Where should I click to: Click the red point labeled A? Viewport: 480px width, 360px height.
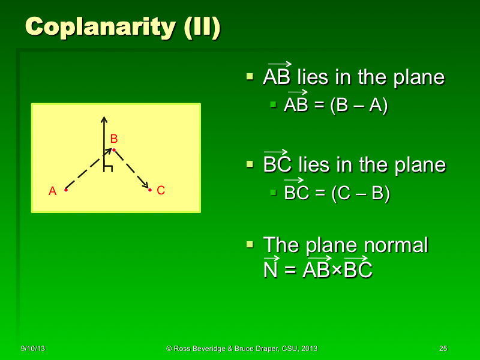click(65, 190)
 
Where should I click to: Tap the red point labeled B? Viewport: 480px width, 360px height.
click(113, 149)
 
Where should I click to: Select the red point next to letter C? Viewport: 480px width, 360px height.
click(149, 190)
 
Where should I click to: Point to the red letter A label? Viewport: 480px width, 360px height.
click(52, 191)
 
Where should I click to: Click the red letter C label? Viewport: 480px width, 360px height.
click(160, 191)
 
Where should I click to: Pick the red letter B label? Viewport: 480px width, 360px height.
click(113, 139)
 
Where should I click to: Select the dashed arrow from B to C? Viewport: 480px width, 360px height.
click(132, 170)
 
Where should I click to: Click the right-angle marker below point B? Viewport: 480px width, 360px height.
click(108, 167)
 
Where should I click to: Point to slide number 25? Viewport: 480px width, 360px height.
click(443, 349)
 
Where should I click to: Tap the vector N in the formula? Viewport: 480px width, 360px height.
click(270, 270)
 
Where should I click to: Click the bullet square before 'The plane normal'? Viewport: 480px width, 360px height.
click(251, 245)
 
